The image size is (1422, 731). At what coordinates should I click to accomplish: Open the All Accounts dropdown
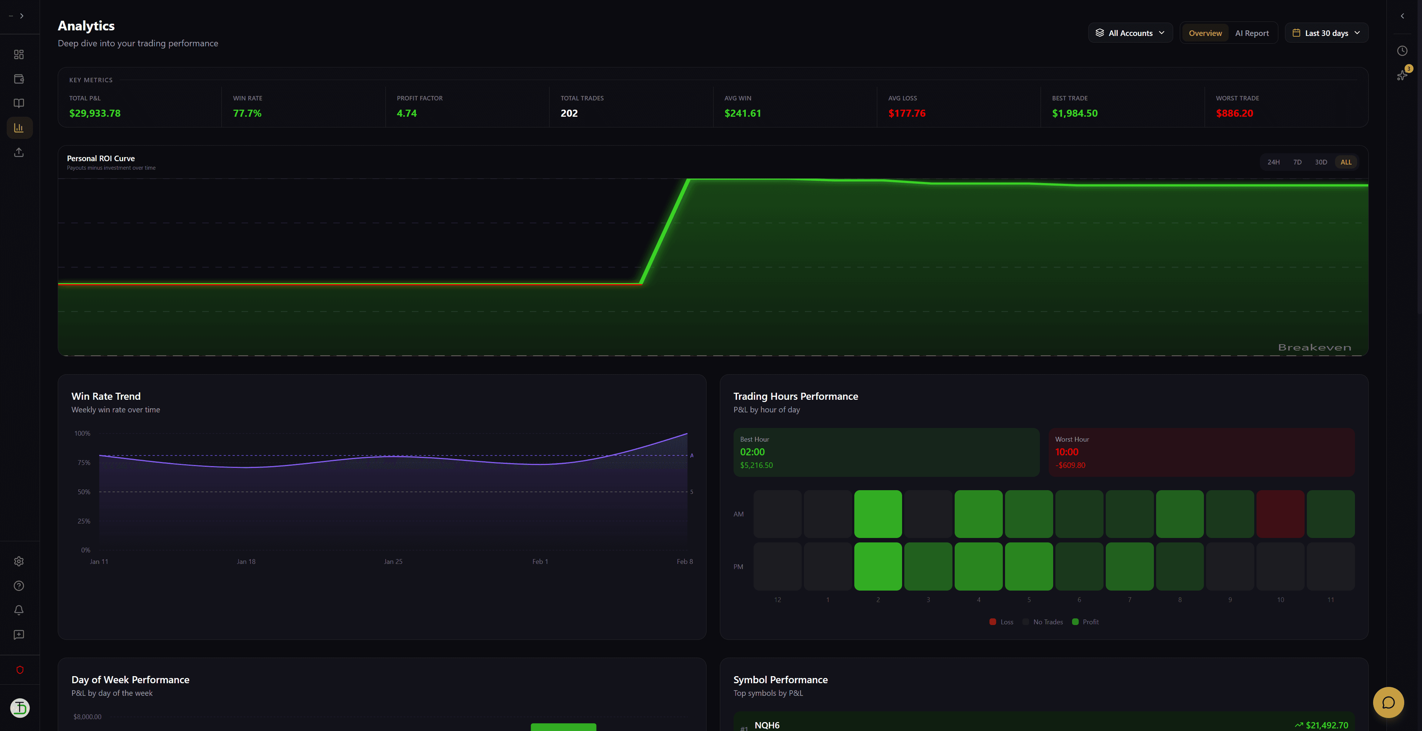[1130, 33]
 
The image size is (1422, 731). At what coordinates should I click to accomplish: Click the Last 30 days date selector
[1326, 33]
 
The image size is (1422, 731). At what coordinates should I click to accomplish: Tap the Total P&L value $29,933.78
[94, 113]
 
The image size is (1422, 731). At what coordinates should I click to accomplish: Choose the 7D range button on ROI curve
[1297, 162]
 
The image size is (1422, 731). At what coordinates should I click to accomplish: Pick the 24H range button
[1273, 162]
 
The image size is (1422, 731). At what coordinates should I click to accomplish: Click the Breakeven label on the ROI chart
[1314, 347]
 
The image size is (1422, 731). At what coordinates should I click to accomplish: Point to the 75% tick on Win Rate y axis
[84, 463]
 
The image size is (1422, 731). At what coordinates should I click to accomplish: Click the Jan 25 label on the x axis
[393, 562]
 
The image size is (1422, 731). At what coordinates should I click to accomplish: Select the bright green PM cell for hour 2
[878, 566]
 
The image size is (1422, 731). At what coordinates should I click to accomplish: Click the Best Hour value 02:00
[752, 452]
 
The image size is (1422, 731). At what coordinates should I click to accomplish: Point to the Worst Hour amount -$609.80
[1070, 465]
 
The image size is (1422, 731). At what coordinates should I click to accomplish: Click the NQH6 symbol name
[767, 725]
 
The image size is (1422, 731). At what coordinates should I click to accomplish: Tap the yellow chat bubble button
[1388, 702]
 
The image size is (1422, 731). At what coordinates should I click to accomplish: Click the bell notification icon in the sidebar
[19, 610]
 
